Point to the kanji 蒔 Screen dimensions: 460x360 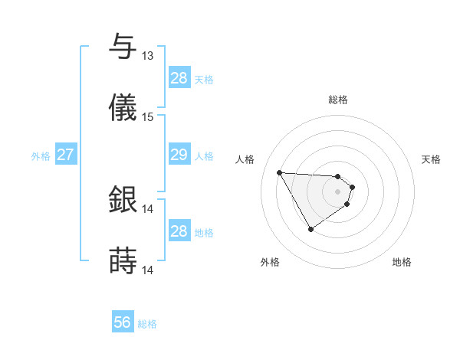(123, 260)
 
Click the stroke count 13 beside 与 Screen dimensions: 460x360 (147, 56)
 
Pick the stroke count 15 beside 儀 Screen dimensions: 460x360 (147, 117)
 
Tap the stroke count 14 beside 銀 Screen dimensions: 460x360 (147, 208)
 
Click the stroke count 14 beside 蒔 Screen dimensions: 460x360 (147, 270)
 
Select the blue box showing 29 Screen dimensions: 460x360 (179, 155)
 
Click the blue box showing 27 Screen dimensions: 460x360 (65, 155)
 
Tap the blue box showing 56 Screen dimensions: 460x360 (122, 322)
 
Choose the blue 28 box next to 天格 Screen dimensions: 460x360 (179, 78)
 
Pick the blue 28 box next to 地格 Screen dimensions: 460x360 (179, 231)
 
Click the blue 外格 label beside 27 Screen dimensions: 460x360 (41, 156)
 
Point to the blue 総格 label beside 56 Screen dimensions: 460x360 (147, 324)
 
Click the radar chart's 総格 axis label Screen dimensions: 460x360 (338, 100)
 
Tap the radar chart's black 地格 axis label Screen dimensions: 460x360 (402, 262)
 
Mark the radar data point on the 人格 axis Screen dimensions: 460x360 (280, 172)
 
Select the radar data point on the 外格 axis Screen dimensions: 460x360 (310, 229)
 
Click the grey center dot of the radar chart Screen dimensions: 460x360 (338, 191)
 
